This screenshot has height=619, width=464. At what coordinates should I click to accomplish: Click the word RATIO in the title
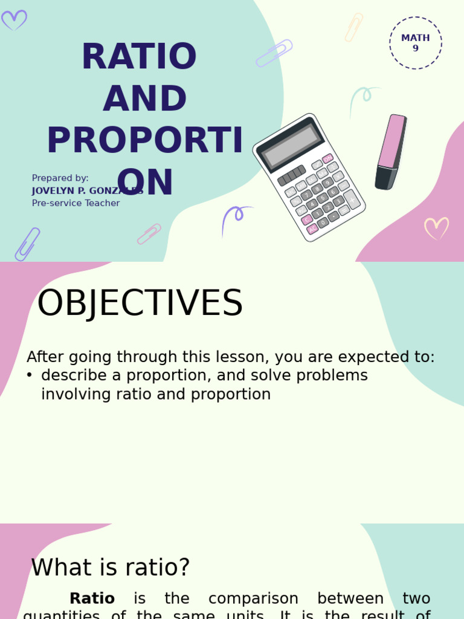click(x=139, y=57)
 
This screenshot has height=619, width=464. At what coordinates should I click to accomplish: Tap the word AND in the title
click(x=145, y=100)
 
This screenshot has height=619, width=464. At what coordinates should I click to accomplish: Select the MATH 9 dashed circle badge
click(x=416, y=43)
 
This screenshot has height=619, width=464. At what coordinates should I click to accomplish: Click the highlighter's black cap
click(x=385, y=178)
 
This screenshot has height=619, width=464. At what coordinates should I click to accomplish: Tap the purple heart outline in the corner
click(x=14, y=20)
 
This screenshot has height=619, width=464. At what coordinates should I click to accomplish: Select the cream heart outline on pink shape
click(x=436, y=228)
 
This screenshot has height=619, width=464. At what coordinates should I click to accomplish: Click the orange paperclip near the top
click(x=354, y=27)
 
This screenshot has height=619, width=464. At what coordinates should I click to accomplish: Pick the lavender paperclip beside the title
click(x=274, y=53)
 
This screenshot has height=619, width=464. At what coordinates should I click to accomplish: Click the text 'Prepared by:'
click(x=60, y=178)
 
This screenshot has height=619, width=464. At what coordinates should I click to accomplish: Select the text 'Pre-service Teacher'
click(x=76, y=204)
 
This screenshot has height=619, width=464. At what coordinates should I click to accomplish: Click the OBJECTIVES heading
click(x=140, y=303)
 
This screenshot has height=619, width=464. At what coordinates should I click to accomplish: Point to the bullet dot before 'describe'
click(x=29, y=375)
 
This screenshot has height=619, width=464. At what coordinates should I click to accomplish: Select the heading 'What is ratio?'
click(x=111, y=568)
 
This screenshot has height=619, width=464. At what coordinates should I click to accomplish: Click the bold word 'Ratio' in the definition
click(x=92, y=598)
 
